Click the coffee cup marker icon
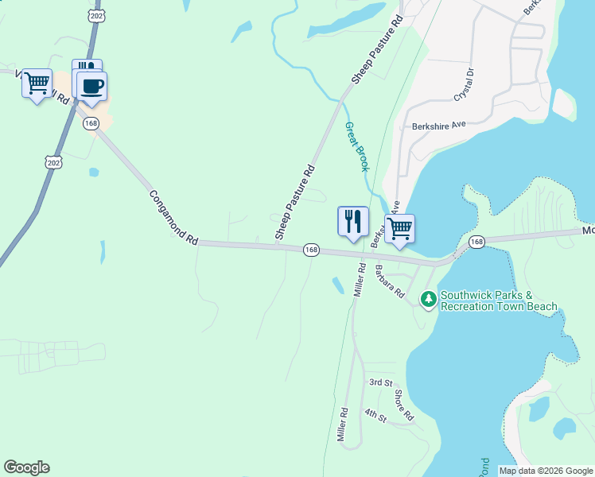click(91, 86)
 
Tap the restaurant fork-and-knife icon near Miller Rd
click(352, 221)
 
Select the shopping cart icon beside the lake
click(399, 228)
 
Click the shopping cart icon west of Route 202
click(37, 83)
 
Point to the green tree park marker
click(429, 299)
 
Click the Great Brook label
click(357, 147)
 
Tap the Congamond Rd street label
click(173, 215)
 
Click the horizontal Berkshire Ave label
click(438, 126)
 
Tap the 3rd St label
click(380, 382)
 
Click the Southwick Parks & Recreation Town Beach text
click(499, 301)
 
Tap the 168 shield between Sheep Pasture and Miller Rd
click(311, 250)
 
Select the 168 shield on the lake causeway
click(476, 242)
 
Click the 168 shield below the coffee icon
click(91, 123)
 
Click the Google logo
click(26, 467)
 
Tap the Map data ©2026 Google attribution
click(546, 471)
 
